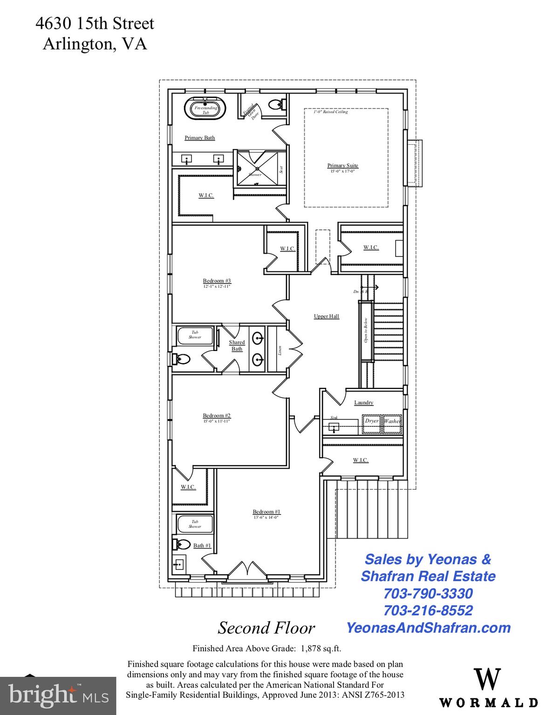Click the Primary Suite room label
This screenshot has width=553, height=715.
coord(342,166)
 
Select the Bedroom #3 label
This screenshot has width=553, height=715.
coord(217,281)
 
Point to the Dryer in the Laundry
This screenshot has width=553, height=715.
coord(371,421)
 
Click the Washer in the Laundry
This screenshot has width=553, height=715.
coord(392,421)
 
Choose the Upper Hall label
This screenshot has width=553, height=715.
coord(326,317)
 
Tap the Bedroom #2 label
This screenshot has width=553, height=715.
coord(217,416)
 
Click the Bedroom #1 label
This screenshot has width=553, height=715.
coord(266,512)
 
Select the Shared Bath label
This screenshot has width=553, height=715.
coord(237,345)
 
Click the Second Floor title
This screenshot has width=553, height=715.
coord(266,628)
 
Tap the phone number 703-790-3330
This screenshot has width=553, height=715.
coord(428,594)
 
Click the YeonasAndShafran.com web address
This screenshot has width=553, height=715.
coord(428,627)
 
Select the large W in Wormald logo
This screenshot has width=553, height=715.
coord(487,679)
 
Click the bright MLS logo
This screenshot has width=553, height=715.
coord(58,696)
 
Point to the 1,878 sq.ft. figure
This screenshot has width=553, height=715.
coord(321,648)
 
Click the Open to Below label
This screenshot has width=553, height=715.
coord(366,330)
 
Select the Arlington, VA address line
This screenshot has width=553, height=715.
coord(95,44)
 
